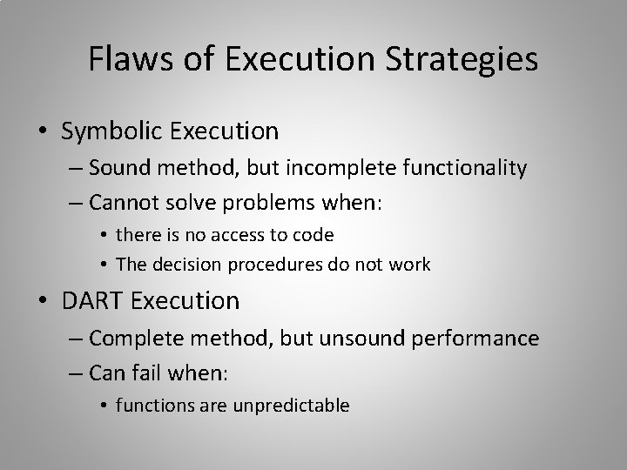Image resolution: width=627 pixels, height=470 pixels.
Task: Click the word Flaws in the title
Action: click(123, 59)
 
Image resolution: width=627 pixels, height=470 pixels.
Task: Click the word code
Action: click(315, 234)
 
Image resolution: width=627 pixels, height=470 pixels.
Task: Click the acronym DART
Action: click(93, 301)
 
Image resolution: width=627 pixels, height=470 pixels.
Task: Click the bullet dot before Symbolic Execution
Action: click(44, 132)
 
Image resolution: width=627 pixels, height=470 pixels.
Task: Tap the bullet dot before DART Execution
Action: click(44, 302)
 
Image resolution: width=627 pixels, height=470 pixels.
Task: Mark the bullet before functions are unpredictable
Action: click(104, 405)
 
